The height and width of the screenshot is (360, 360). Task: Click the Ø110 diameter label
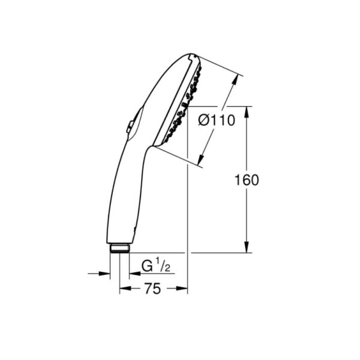217,120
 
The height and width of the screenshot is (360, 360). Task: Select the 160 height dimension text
247,180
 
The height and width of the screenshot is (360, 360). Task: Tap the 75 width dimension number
152,289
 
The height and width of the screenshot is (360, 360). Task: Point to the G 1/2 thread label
156,265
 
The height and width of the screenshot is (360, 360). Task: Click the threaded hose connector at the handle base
119,248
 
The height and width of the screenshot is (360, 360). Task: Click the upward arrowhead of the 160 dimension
247,112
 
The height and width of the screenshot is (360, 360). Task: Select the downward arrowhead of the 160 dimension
247,247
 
